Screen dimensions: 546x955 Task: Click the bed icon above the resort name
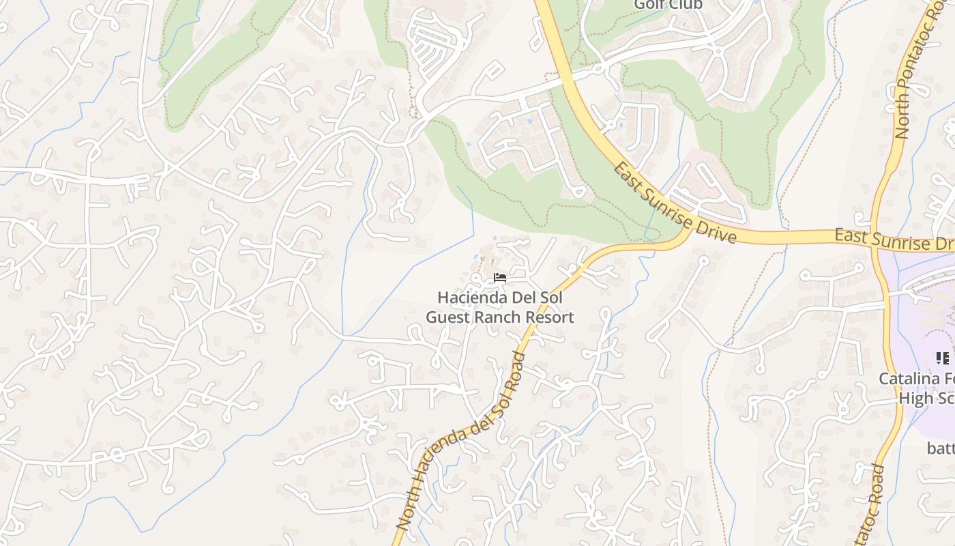click(500, 278)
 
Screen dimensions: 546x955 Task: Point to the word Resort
click(552, 317)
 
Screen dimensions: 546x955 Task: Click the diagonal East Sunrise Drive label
click(674, 203)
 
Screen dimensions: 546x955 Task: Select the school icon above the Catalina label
click(943, 358)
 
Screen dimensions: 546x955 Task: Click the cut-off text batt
click(940, 448)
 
